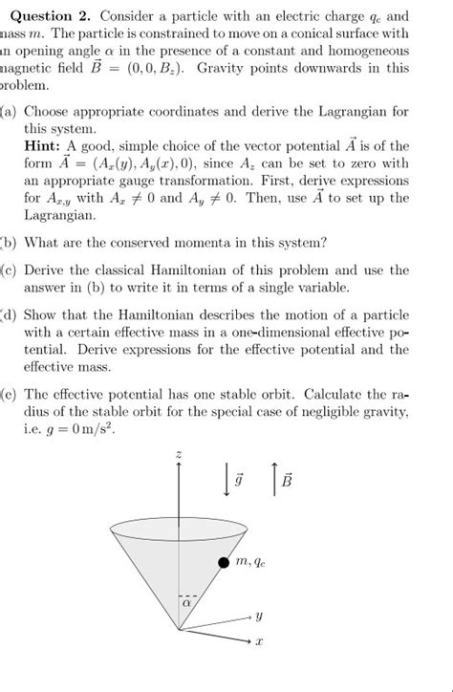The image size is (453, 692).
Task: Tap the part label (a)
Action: pyautogui.click(x=9, y=111)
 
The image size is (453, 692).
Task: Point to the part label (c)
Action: pyautogui.click(x=9, y=269)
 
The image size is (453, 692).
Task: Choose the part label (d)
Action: pyautogui.click(x=9, y=313)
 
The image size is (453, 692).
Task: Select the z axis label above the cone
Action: pyautogui.click(x=179, y=453)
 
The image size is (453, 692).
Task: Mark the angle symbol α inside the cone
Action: pyautogui.click(x=186, y=603)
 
